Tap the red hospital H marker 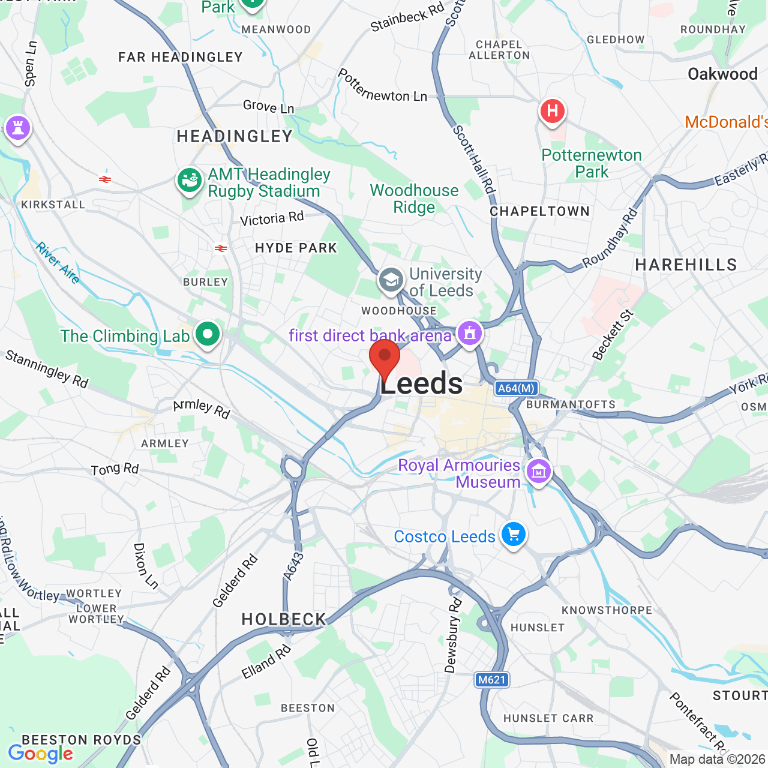click(x=552, y=111)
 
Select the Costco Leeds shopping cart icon click(x=514, y=533)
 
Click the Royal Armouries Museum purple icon click(x=539, y=472)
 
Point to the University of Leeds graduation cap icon click(x=391, y=280)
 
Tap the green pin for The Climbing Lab click(x=208, y=334)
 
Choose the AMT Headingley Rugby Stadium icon click(x=190, y=180)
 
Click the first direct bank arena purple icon click(x=470, y=333)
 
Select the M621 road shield click(x=492, y=680)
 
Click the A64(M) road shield click(x=517, y=388)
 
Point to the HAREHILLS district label click(x=686, y=265)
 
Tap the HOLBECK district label click(x=284, y=619)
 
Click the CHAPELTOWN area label click(x=539, y=211)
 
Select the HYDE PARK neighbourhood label click(x=296, y=248)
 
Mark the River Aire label click(x=58, y=263)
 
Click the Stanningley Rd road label click(x=47, y=369)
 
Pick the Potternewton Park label click(x=592, y=163)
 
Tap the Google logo click(x=41, y=754)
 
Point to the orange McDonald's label click(x=726, y=122)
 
